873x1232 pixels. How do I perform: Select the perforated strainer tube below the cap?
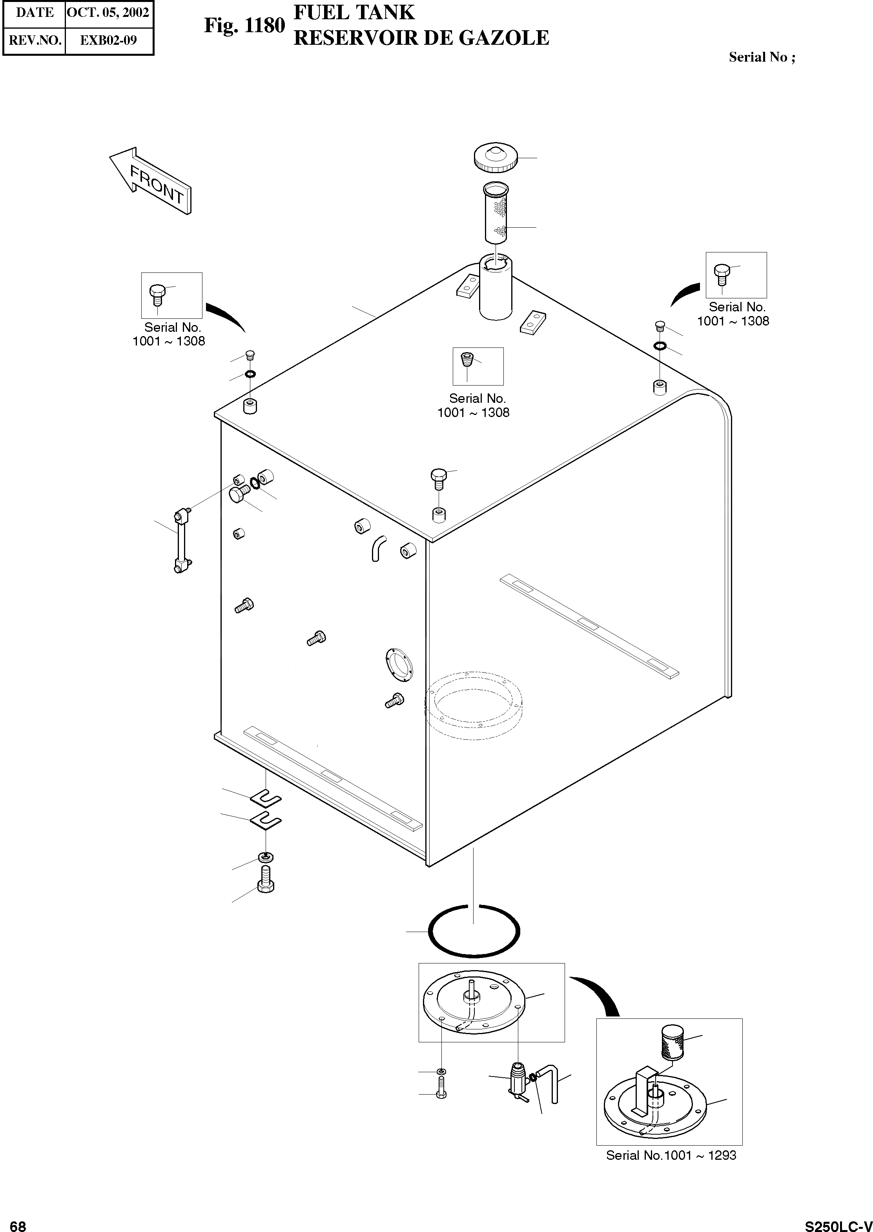click(x=496, y=212)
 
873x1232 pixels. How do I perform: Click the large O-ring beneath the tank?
click(x=474, y=930)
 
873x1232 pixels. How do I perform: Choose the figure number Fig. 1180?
click(x=244, y=25)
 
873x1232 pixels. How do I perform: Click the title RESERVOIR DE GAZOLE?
click(x=421, y=38)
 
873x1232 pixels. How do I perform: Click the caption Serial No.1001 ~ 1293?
click(x=671, y=1155)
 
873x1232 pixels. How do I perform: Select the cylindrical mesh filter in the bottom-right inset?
click(x=671, y=1042)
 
